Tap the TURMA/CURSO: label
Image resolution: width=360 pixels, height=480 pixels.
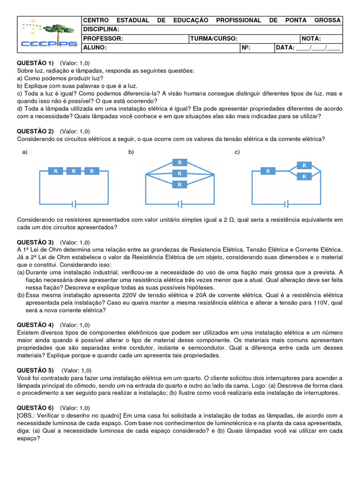point(214,38)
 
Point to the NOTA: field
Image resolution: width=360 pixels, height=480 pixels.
point(312,38)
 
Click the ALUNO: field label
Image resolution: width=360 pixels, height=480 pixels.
point(95,47)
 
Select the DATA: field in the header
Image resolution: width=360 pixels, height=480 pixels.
point(285,47)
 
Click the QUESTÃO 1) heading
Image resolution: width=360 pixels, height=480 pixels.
point(36,63)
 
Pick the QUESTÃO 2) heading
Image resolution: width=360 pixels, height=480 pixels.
point(36,131)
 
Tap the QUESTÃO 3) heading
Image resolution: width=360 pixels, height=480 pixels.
point(36,242)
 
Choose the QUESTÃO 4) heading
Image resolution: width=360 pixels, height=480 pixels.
point(36,325)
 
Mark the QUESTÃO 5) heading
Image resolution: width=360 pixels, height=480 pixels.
point(36,370)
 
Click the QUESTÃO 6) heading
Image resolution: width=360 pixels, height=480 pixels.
point(36,407)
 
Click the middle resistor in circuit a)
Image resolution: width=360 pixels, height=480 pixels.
point(74,172)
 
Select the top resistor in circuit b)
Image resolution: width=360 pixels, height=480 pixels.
point(179,163)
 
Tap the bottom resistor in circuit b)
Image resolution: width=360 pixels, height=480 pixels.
point(179,185)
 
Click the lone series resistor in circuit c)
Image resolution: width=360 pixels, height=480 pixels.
point(268,172)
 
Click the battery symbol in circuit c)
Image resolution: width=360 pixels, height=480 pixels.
point(286,204)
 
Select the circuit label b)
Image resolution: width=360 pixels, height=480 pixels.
point(131,152)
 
